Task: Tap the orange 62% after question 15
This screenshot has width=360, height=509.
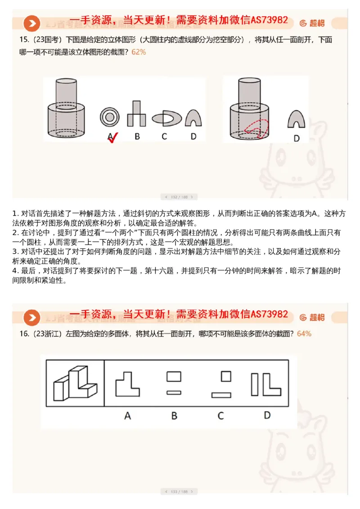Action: pos(139,52)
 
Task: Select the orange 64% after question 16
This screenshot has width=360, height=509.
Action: pos(304,333)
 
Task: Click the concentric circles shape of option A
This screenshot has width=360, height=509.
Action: pos(109,117)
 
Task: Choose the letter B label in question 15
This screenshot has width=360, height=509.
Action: pos(137,136)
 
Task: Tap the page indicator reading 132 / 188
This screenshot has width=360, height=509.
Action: pos(179,197)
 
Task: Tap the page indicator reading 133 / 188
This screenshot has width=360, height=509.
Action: pos(179,491)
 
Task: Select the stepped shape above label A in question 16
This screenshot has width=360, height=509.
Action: pos(127,384)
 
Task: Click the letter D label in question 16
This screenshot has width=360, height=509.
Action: pos(267,415)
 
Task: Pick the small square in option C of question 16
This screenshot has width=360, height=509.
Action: pos(226,376)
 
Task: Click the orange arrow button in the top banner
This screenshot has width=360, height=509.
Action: pos(31,23)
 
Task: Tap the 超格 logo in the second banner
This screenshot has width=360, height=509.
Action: pos(312,317)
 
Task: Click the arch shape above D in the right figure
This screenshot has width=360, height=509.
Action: pos(296,119)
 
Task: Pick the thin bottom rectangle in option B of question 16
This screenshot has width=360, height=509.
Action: pos(174,392)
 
